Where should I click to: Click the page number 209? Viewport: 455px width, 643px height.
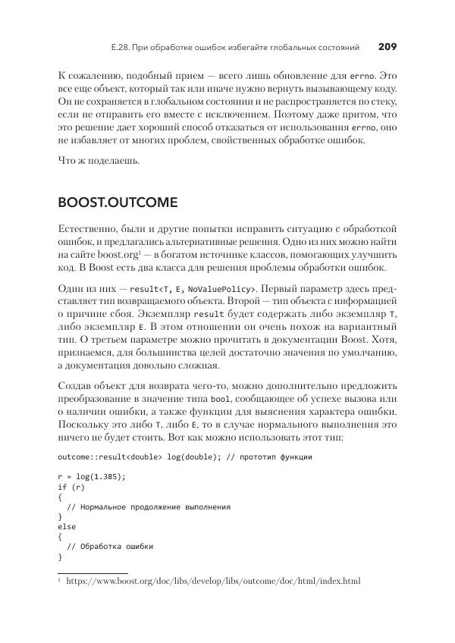(x=387, y=47)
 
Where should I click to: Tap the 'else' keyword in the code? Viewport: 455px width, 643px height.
(x=67, y=525)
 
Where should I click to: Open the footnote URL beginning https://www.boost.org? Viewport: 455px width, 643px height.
(x=213, y=582)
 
